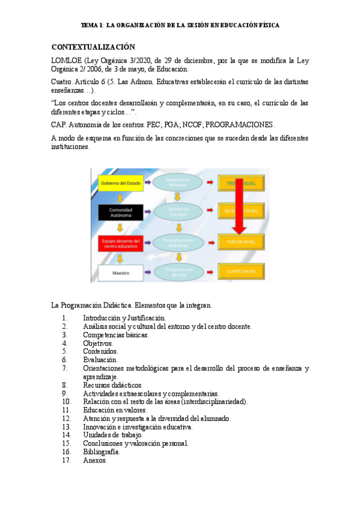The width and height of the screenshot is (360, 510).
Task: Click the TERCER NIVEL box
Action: tap(240, 242)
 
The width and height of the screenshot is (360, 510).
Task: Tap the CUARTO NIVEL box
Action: tap(240, 272)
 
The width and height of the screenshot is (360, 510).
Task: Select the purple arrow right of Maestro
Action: tap(148, 273)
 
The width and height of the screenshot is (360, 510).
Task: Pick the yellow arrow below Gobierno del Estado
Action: tap(120, 197)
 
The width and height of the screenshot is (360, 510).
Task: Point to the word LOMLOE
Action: tap(66, 60)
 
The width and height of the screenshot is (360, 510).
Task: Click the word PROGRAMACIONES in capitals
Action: tap(240, 124)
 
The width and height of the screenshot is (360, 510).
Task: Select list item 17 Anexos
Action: tap(95, 460)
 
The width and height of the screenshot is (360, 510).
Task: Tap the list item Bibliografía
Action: tap(101, 452)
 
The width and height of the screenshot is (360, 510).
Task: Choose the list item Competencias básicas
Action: tap(115, 335)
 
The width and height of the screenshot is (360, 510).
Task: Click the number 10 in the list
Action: tap(66, 401)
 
